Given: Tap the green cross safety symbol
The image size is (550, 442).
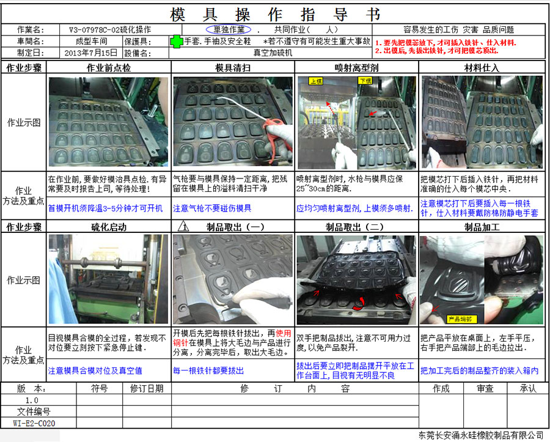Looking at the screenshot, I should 177,41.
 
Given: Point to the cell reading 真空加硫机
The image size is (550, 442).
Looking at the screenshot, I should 273,53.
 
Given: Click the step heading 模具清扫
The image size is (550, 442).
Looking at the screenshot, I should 233,67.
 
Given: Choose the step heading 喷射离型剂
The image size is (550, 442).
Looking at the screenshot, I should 356,67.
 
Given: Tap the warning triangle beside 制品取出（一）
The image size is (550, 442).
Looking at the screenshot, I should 183,227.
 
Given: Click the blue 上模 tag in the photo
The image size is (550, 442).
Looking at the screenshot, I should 316,81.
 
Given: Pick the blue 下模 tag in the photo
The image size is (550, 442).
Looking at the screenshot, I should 365,81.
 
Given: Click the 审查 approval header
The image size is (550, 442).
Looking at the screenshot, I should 485,388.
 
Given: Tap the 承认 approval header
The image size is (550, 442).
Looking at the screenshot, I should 528,388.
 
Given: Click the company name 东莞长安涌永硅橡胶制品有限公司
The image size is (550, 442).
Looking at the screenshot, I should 481,435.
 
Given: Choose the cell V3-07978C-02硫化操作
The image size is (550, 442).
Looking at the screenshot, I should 110,29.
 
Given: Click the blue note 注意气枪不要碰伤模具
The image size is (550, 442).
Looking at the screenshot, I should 212,208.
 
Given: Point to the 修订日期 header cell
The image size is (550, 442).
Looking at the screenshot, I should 147,388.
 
